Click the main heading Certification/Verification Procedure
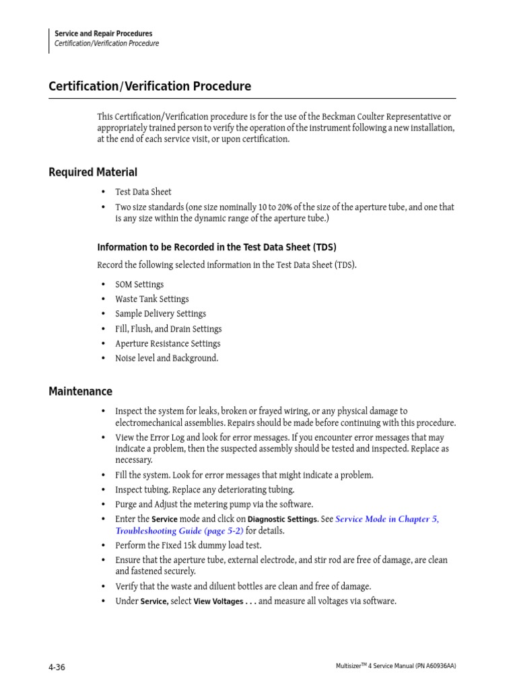click(149, 87)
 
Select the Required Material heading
click(93, 172)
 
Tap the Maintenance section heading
click(80, 392)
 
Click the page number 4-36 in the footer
click(57, 667)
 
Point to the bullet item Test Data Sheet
click(143, 192)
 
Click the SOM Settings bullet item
click(139, 285)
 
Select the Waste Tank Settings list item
click(151, 299)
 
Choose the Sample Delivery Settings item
click(160, 314)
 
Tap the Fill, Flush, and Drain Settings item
click(168, 329)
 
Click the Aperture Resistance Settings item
click(168, 344)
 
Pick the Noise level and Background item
click(166, 359)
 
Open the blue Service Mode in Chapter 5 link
click(386, 519)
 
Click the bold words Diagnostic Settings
click(283, 519)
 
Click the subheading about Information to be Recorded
click(216, 248)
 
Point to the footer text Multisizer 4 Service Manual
click(395, 666)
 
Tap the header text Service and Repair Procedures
click(103, 34)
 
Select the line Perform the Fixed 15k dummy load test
click(188, 546)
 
